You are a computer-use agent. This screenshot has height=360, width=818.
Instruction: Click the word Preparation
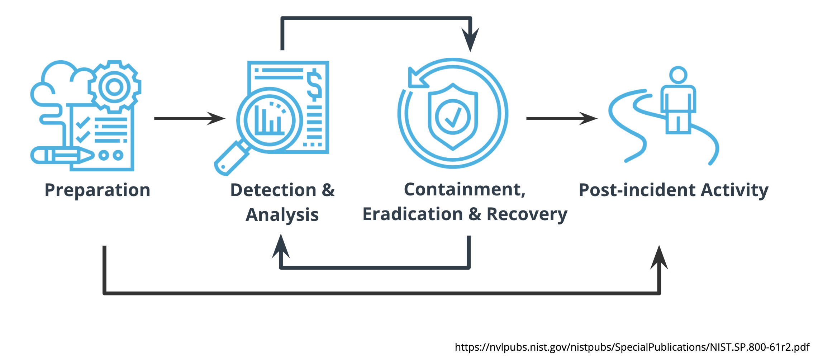pyautogui.click(x=97, y=190)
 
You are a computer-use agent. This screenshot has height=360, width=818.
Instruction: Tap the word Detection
pyautogui.click(x=273, y=190)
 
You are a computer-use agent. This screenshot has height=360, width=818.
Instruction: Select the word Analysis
pyautogui.click(x=282, y=215)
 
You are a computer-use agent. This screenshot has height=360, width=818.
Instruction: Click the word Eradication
pyautogui.click(x=413, y=214)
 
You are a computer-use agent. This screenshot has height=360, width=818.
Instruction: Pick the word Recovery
pyautogui.click(x=527, y=214)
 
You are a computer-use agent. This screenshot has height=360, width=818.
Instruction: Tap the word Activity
pyautogui.click(x=734, y=190)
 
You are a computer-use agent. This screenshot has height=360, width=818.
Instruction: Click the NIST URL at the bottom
pyautogui.click(x=632, y=347)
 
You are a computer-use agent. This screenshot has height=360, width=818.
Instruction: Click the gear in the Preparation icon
pyautogui.click(x=114, y=87)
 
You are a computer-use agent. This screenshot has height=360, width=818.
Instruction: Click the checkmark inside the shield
pyautogui.click(x=453, y=117)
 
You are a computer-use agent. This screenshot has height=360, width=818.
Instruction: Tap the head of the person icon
pyautogui.click(x=678, y=75)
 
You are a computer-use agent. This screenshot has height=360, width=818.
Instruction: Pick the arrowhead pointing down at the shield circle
pyautogui.click(x=470, y=39)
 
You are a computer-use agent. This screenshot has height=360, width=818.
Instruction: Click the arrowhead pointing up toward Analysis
pyautogui.click(x=281, y=246)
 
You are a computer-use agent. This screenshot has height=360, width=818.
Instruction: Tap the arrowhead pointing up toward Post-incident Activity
pyautogui.click(x=659, y=257)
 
